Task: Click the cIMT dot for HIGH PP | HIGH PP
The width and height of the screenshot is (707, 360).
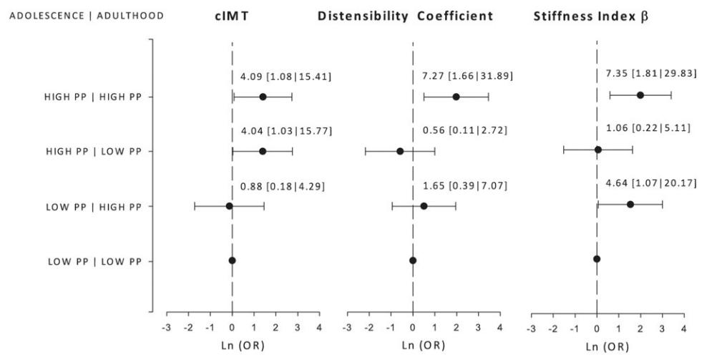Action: pos(263,97)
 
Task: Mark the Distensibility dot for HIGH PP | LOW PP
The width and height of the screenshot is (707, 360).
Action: pos(400,151)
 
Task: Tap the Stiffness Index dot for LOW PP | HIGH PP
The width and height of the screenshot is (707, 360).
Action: pos(630,205)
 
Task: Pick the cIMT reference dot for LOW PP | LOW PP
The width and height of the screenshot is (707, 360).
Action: pos(232,260)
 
